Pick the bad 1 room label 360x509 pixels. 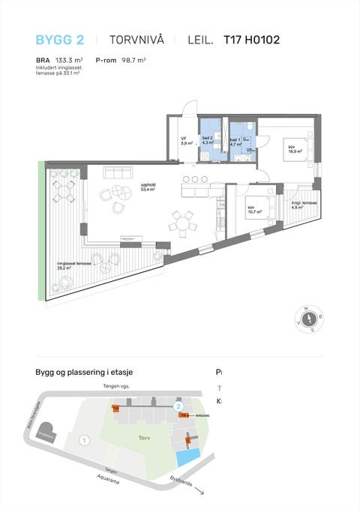coord(235,141)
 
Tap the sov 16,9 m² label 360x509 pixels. coord(294,148)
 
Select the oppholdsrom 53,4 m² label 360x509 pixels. coord(147,188)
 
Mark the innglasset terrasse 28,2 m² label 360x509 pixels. coord(75,264)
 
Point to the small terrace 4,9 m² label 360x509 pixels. coord(304,205)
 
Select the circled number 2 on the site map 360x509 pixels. coord(178,406)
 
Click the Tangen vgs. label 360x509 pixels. coord(117,387)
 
